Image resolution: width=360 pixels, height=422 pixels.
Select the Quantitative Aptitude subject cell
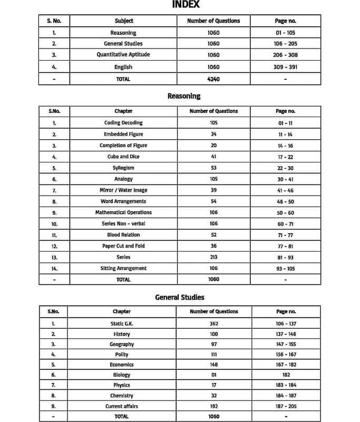(x=124, y=55)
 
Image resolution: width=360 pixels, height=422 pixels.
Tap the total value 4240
(x=213, y=79)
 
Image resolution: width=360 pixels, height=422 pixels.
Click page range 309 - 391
(x=285, y=67)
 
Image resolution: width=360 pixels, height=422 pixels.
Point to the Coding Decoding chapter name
(x=123, y=123)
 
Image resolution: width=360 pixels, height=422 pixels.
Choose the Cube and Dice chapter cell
(x=123, y=157)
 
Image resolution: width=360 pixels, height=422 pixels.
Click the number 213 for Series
(x=213, y=257)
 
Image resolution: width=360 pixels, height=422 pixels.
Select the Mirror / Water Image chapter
(x=123, y=190)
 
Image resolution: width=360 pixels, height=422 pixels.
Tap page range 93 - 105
(x=285, y=268)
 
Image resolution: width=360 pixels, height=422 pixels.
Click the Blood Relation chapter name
(x=123, y=235)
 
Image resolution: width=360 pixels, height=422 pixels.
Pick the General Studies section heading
(x=180, y=297)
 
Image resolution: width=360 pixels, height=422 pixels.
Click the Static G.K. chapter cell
(x=122, y=323)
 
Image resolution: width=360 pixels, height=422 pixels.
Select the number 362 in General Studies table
(x=213, y=323)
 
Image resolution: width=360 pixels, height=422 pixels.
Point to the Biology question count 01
(x=213, y=375)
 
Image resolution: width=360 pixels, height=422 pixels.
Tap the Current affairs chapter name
(x=122, y=406)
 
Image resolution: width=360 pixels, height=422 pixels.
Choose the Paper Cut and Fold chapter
(x=123, y=246)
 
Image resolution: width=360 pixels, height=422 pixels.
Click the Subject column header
(x=124, y=21)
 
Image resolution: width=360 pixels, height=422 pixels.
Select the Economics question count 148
(x=213, y=365)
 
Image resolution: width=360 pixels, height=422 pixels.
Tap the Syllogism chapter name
(x=123, y=168)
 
